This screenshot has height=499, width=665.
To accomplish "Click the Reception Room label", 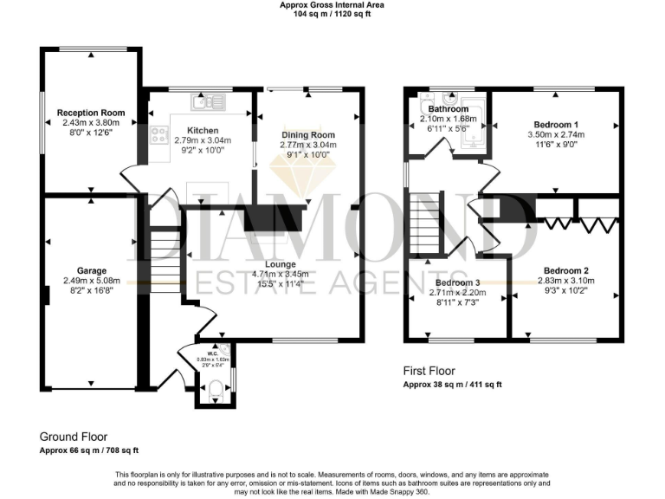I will coord(91,113).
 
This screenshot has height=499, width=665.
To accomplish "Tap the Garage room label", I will coord(91,270).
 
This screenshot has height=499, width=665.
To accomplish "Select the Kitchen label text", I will coord(190,131).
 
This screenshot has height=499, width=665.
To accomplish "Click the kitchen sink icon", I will coord(210,102).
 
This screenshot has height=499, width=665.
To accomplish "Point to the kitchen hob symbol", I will coord(160,134).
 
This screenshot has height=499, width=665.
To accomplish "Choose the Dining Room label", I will coord(307,135).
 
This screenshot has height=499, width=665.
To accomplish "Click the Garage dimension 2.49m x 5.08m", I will coord(90,281).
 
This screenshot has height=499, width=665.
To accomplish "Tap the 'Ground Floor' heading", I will coord(74,437).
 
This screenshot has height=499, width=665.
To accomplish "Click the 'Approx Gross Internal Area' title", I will coord(332,5).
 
